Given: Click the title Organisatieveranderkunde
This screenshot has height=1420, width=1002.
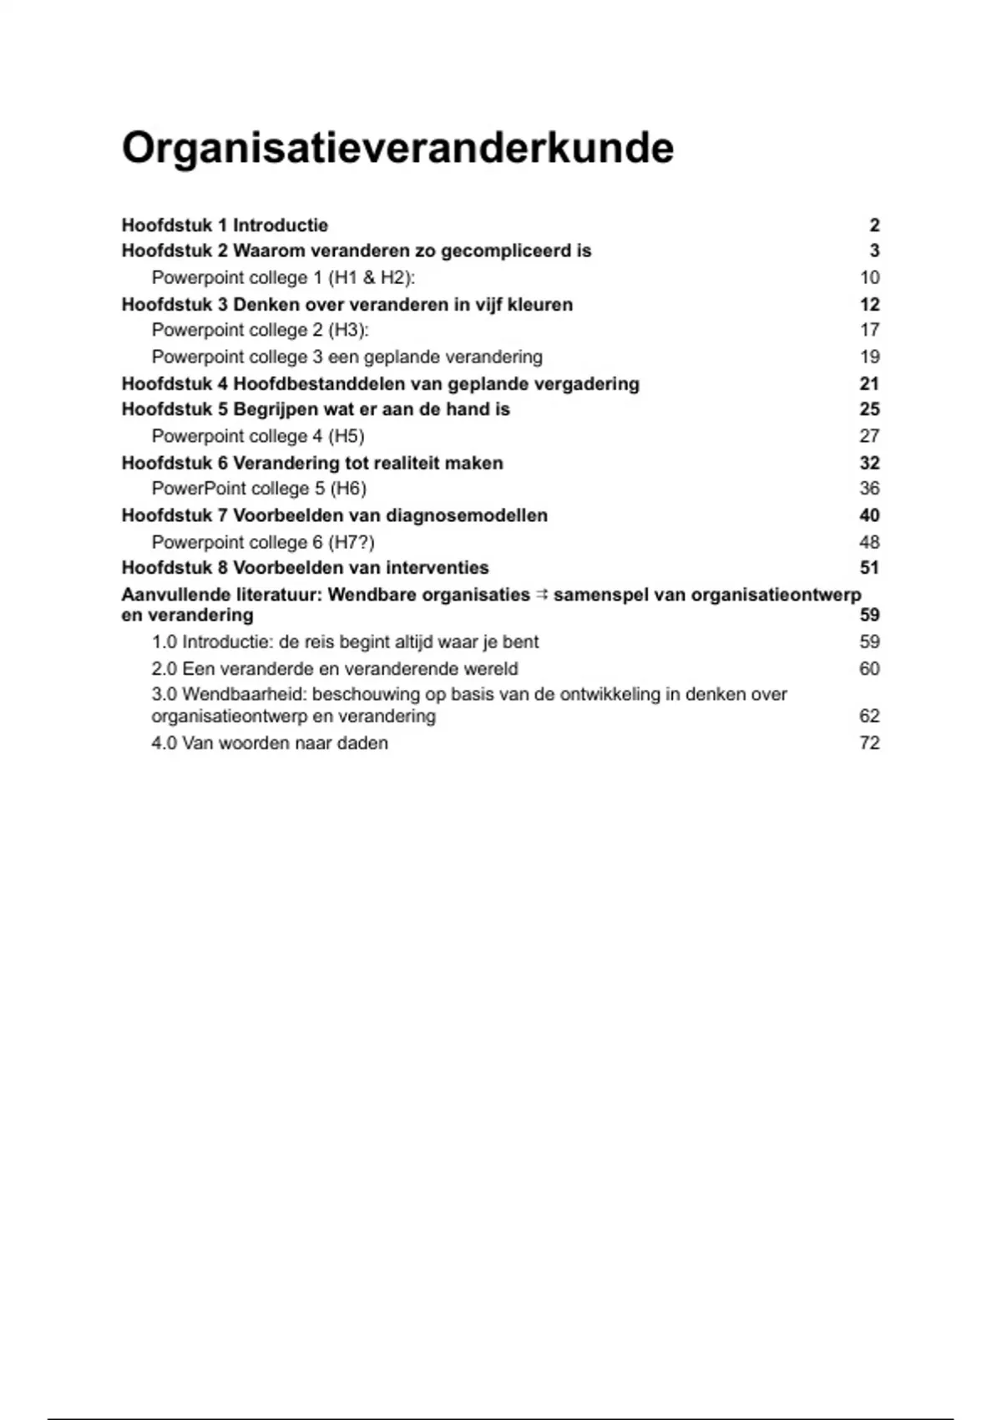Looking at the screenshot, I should click(x=397, y=149).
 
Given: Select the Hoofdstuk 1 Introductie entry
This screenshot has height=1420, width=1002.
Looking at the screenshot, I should click(x=225, y=226).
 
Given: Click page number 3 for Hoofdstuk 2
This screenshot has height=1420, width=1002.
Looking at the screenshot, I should click(x=874, y=251).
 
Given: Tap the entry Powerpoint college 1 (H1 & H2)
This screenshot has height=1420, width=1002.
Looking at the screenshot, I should click(x=283, y=277).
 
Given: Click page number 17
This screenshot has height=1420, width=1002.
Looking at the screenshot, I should click(x=869, y=330).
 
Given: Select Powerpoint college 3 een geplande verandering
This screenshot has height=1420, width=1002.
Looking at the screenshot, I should click(x=347, y=357).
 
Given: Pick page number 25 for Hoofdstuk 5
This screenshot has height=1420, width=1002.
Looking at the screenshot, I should click(x=869, y=409).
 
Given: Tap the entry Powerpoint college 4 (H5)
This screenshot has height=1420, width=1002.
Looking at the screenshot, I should click(x=258, y=436).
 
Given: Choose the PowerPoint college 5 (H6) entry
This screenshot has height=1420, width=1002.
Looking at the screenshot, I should click(x=259, y=489).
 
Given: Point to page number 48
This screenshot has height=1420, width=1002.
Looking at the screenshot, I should click(x=869, y=542).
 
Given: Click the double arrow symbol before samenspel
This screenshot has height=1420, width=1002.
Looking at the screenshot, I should click(x=541, y=595).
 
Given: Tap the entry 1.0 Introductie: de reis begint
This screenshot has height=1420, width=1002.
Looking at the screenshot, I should click(x=345, y=642).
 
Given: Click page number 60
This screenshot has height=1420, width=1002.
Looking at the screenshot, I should click(x=869, y=668).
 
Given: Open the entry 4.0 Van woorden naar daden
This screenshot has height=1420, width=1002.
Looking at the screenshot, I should click(x=270, y=743).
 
